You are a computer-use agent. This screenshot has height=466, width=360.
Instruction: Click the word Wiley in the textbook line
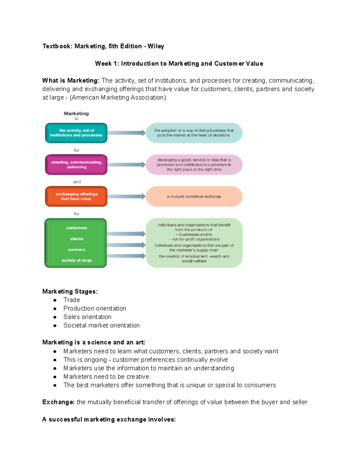(x=156, y=46)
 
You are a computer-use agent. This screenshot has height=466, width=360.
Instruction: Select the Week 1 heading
(x=179, y=64)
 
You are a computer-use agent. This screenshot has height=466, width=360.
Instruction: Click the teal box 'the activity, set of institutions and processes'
(x=76, y=133)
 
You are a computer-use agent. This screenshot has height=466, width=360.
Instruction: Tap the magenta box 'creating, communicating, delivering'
(x=76, y=165)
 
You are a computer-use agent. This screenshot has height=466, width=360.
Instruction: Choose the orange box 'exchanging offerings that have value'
(x=76, y=197)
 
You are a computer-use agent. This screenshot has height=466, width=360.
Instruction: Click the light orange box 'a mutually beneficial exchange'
(x=194, y=197)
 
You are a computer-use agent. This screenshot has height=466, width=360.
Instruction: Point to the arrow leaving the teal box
(x=126, y=133)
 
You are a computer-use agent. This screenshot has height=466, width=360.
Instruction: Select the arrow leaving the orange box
(x=126, y=197)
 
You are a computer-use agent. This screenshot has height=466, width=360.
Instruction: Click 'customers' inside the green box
(x=76, y=228)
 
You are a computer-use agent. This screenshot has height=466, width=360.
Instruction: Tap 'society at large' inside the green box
(x=76, y=260)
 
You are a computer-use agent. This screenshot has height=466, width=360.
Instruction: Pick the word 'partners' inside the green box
(x=76, y=250)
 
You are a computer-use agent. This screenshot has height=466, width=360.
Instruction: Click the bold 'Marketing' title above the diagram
(x=76, y=113)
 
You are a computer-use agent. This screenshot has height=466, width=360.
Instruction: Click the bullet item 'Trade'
(x=72, y=300)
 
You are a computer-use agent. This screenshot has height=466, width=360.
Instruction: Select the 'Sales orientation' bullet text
(x=87, y=317)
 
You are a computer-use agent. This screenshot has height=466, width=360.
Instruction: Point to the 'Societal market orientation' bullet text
(x=101, y=325)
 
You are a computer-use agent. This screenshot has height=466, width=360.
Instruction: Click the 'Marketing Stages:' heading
(x=70, y=292)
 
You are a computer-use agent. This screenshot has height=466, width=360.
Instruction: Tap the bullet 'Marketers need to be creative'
(x=106, y=377)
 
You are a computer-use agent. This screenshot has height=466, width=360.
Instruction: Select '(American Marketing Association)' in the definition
(x=118, y=98)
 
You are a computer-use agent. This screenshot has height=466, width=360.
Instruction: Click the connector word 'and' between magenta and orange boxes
(x=77, y=182)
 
